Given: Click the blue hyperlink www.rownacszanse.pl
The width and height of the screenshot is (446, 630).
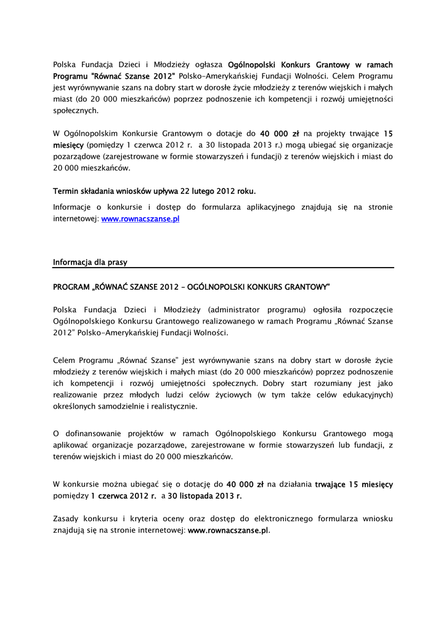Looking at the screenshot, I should point(140,218).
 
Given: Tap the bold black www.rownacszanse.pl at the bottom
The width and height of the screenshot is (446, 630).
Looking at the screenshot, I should point(228,530).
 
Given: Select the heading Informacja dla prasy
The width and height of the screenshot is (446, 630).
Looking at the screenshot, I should point(90,262).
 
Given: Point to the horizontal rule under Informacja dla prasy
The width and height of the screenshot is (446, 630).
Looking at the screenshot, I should point(223,268).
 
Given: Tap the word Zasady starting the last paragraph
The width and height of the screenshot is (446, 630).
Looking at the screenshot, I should point(67,518).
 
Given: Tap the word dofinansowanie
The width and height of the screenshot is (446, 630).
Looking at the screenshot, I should point(93,434).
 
